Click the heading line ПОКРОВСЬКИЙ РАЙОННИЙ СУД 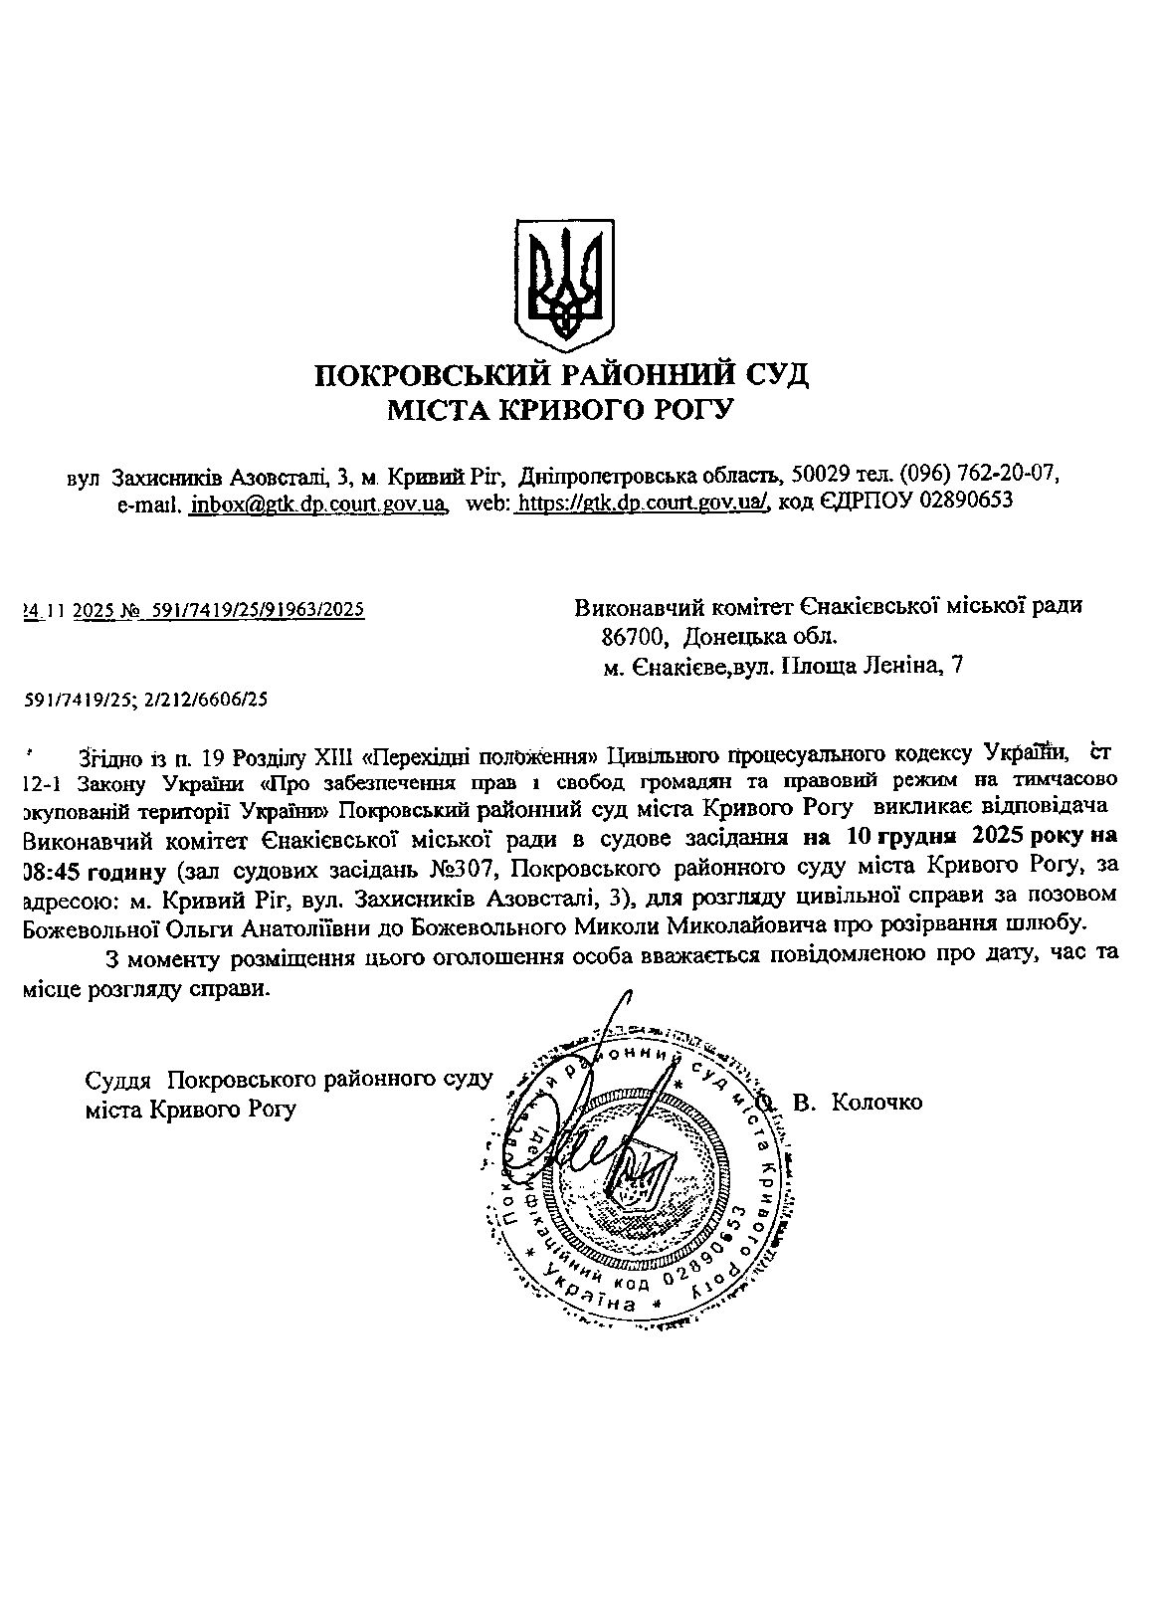click(x=562, y=375)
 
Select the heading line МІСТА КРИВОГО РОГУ click(x=560, y=409)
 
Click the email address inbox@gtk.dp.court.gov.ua click(x=317, y=502)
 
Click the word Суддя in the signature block click(x=118, y=1080)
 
